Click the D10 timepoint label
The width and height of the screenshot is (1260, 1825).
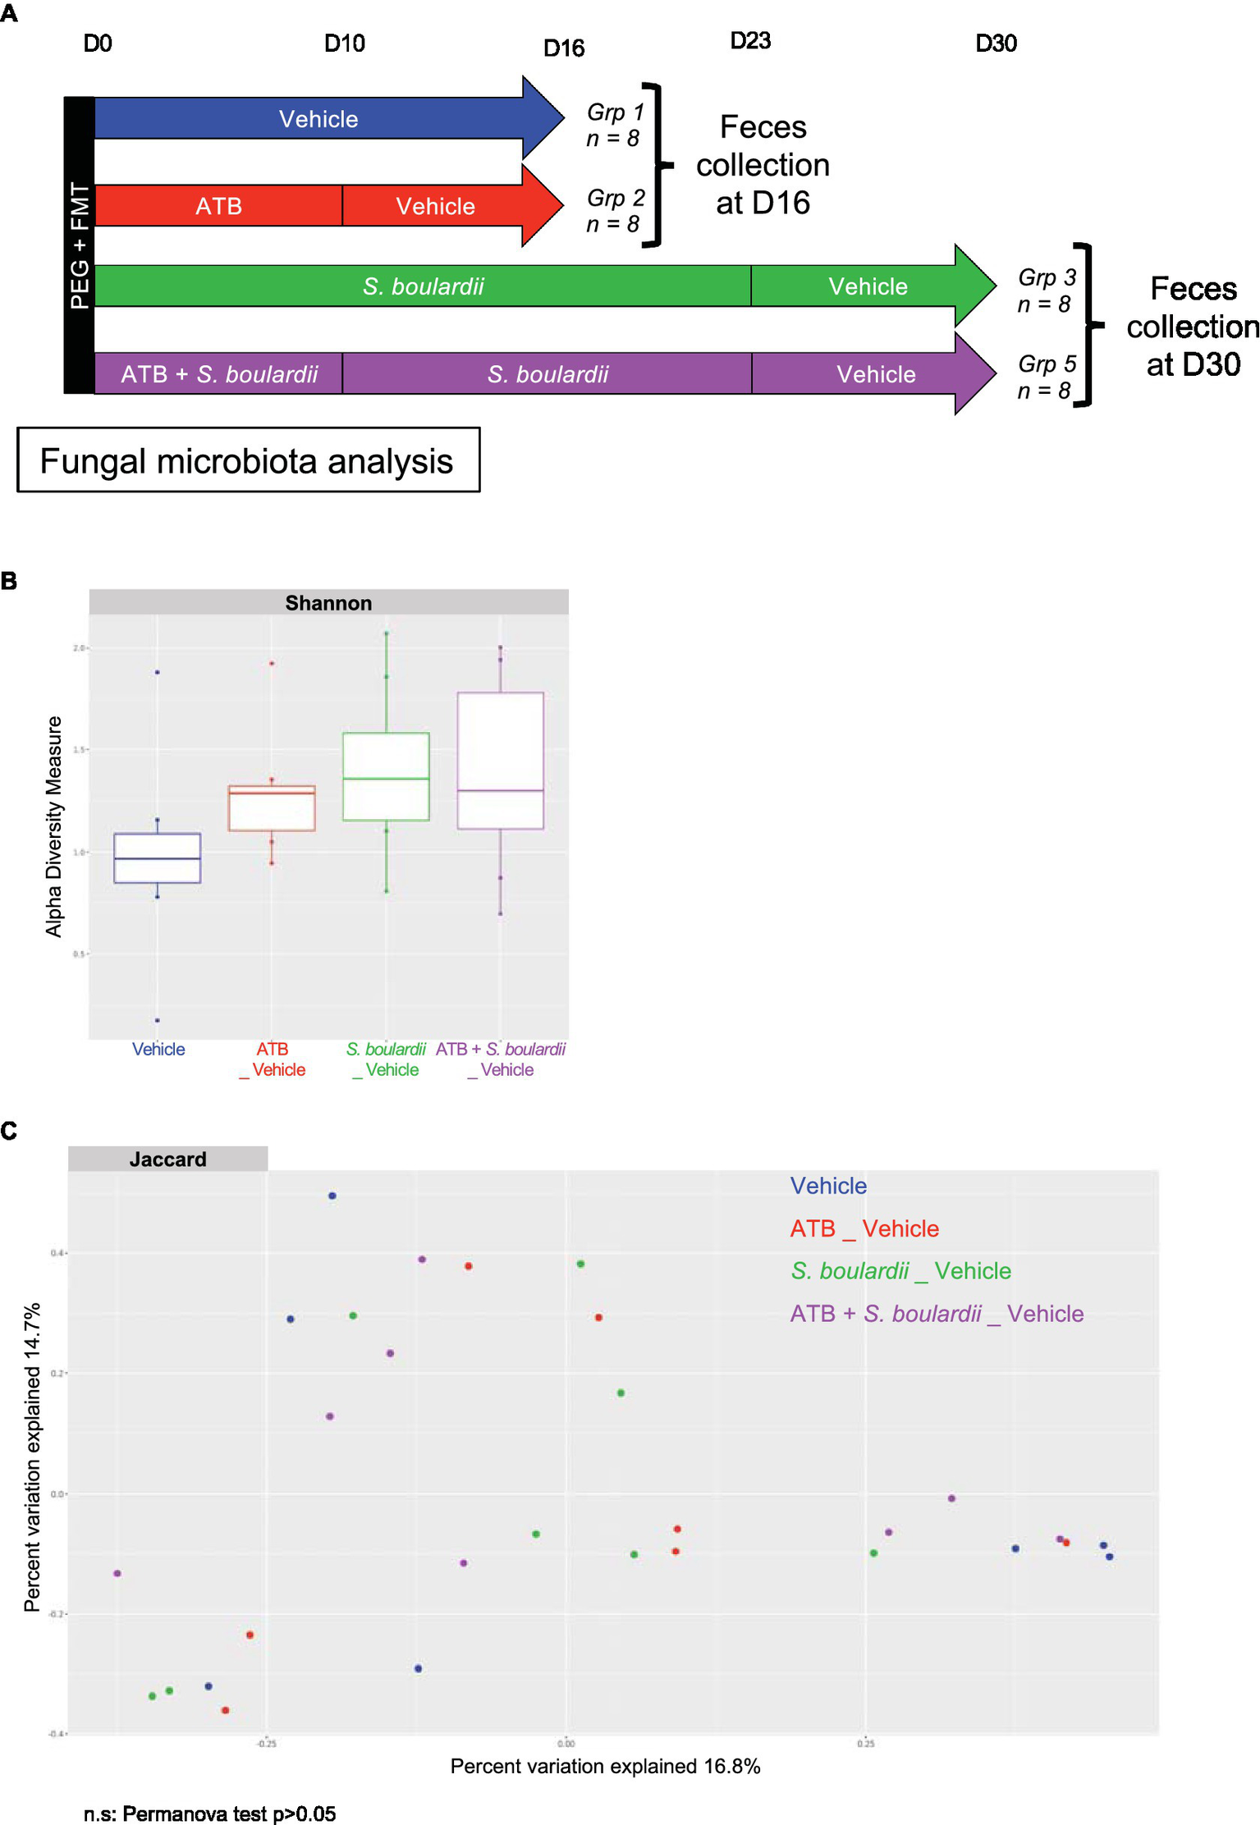click(x=344, y=43)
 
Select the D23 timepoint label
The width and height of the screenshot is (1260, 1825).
click(x=749, y=41)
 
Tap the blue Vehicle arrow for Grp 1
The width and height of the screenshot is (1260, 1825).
click(x=318, y=119)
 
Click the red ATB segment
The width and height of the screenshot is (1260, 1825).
click(x=218, y=206)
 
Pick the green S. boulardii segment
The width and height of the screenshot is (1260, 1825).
click(x=423, y=286)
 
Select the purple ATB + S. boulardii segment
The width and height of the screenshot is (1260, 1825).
click(x=218, y=374)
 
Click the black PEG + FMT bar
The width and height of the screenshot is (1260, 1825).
click(x=80, y=245)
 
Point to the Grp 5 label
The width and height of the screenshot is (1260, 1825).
click(x=1046, y=376)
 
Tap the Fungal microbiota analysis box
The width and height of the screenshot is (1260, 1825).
click(x=247, y=460)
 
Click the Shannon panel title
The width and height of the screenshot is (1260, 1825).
click(x=328, y=603)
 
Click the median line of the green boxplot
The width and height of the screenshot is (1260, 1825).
click(x=386, y=778)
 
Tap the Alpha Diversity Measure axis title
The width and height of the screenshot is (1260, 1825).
click(x=54, y=826)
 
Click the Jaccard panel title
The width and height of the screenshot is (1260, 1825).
click(x=167, y=1159)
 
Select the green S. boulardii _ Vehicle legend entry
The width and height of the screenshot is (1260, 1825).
click(x=900, y=1271)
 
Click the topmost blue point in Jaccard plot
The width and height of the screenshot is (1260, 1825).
click(x=332, y=1196)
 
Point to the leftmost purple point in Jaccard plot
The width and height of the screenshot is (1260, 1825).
click(x=117, y=1573)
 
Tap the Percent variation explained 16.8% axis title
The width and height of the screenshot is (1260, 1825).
click(x=605, y=1766)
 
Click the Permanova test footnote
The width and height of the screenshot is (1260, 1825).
click(x=209, y=1814)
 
